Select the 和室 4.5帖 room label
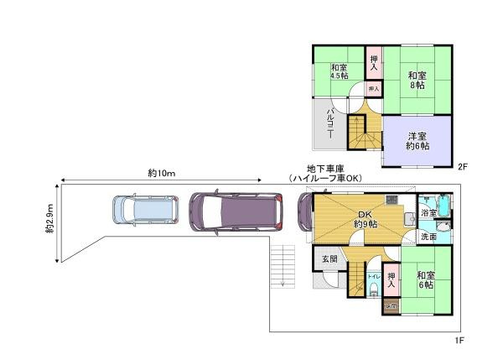(x=339, y=71)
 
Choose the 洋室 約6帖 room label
(x=418, y=141)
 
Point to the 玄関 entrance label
(x=329, y=259)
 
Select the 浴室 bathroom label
(x=428, y=214)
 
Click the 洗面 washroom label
(x=428, y=237)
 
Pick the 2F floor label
(x=461, y=167)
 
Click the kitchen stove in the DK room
(x=392, y=200)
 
